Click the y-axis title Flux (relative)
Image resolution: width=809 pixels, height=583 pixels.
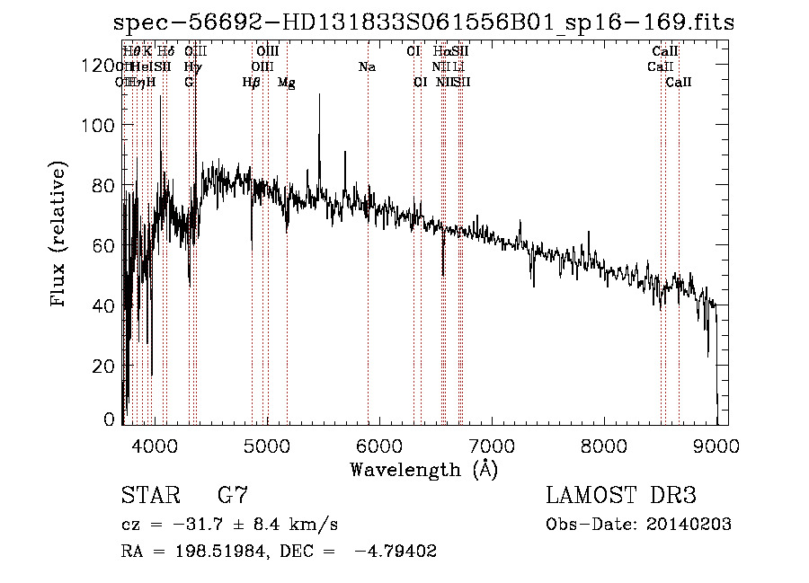click(60, 235)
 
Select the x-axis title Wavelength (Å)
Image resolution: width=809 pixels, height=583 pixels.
click(423, 469)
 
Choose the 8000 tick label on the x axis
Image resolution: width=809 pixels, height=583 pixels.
click(604, 444)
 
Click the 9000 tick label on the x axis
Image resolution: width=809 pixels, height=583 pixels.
click(716, 444)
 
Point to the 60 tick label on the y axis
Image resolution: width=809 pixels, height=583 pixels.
click(106, 246)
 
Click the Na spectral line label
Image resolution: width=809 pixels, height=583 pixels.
click(367, 67)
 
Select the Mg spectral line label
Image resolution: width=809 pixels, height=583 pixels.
click(287, 83)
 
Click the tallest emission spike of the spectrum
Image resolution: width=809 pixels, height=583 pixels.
click(319, 96)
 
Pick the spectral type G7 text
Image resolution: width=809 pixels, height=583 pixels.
click(232, 496)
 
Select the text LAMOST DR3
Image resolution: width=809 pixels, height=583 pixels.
click(621, 496)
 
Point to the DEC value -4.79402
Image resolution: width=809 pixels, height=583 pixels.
click(396, 552)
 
